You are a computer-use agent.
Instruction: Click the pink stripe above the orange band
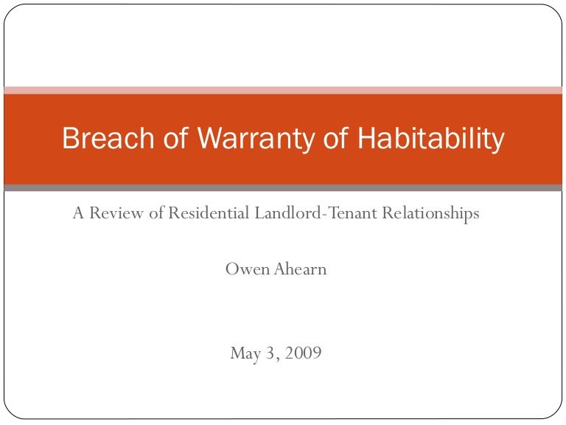pos(283,90)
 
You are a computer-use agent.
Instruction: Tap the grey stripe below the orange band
pos(283,187)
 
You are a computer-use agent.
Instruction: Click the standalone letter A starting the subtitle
pos(78,213)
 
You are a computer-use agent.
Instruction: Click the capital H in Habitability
pos(368,139)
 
